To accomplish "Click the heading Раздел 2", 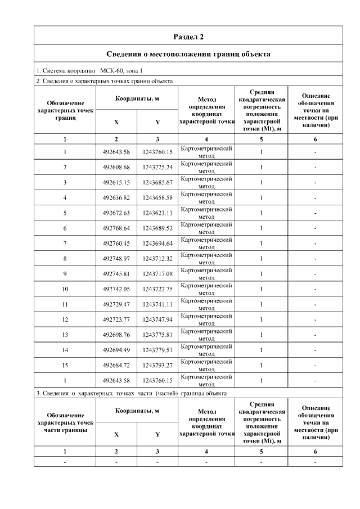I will coord(188,37).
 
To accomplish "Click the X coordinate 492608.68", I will coord(116,167).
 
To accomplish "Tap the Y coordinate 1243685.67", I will coord(157,182).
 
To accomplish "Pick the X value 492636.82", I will coord(116,197).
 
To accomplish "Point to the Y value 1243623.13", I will coord(157,213).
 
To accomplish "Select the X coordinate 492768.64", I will coord(116,228).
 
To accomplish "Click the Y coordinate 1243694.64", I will coord(157,244).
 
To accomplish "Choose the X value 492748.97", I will coord(116,259).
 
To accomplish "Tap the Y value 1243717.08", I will coord(157,274).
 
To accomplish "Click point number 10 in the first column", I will coord(65,289).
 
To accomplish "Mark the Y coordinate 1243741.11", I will coord(157,304).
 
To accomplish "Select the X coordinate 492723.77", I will coord(116,319).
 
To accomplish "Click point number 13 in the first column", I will coord(65,335).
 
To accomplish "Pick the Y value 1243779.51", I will coord(157,350).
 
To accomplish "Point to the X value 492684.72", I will coord(116,365).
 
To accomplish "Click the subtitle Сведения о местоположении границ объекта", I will coord(188,54).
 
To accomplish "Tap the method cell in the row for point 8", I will coord(206,259).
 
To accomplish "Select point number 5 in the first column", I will coord(65,213).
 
